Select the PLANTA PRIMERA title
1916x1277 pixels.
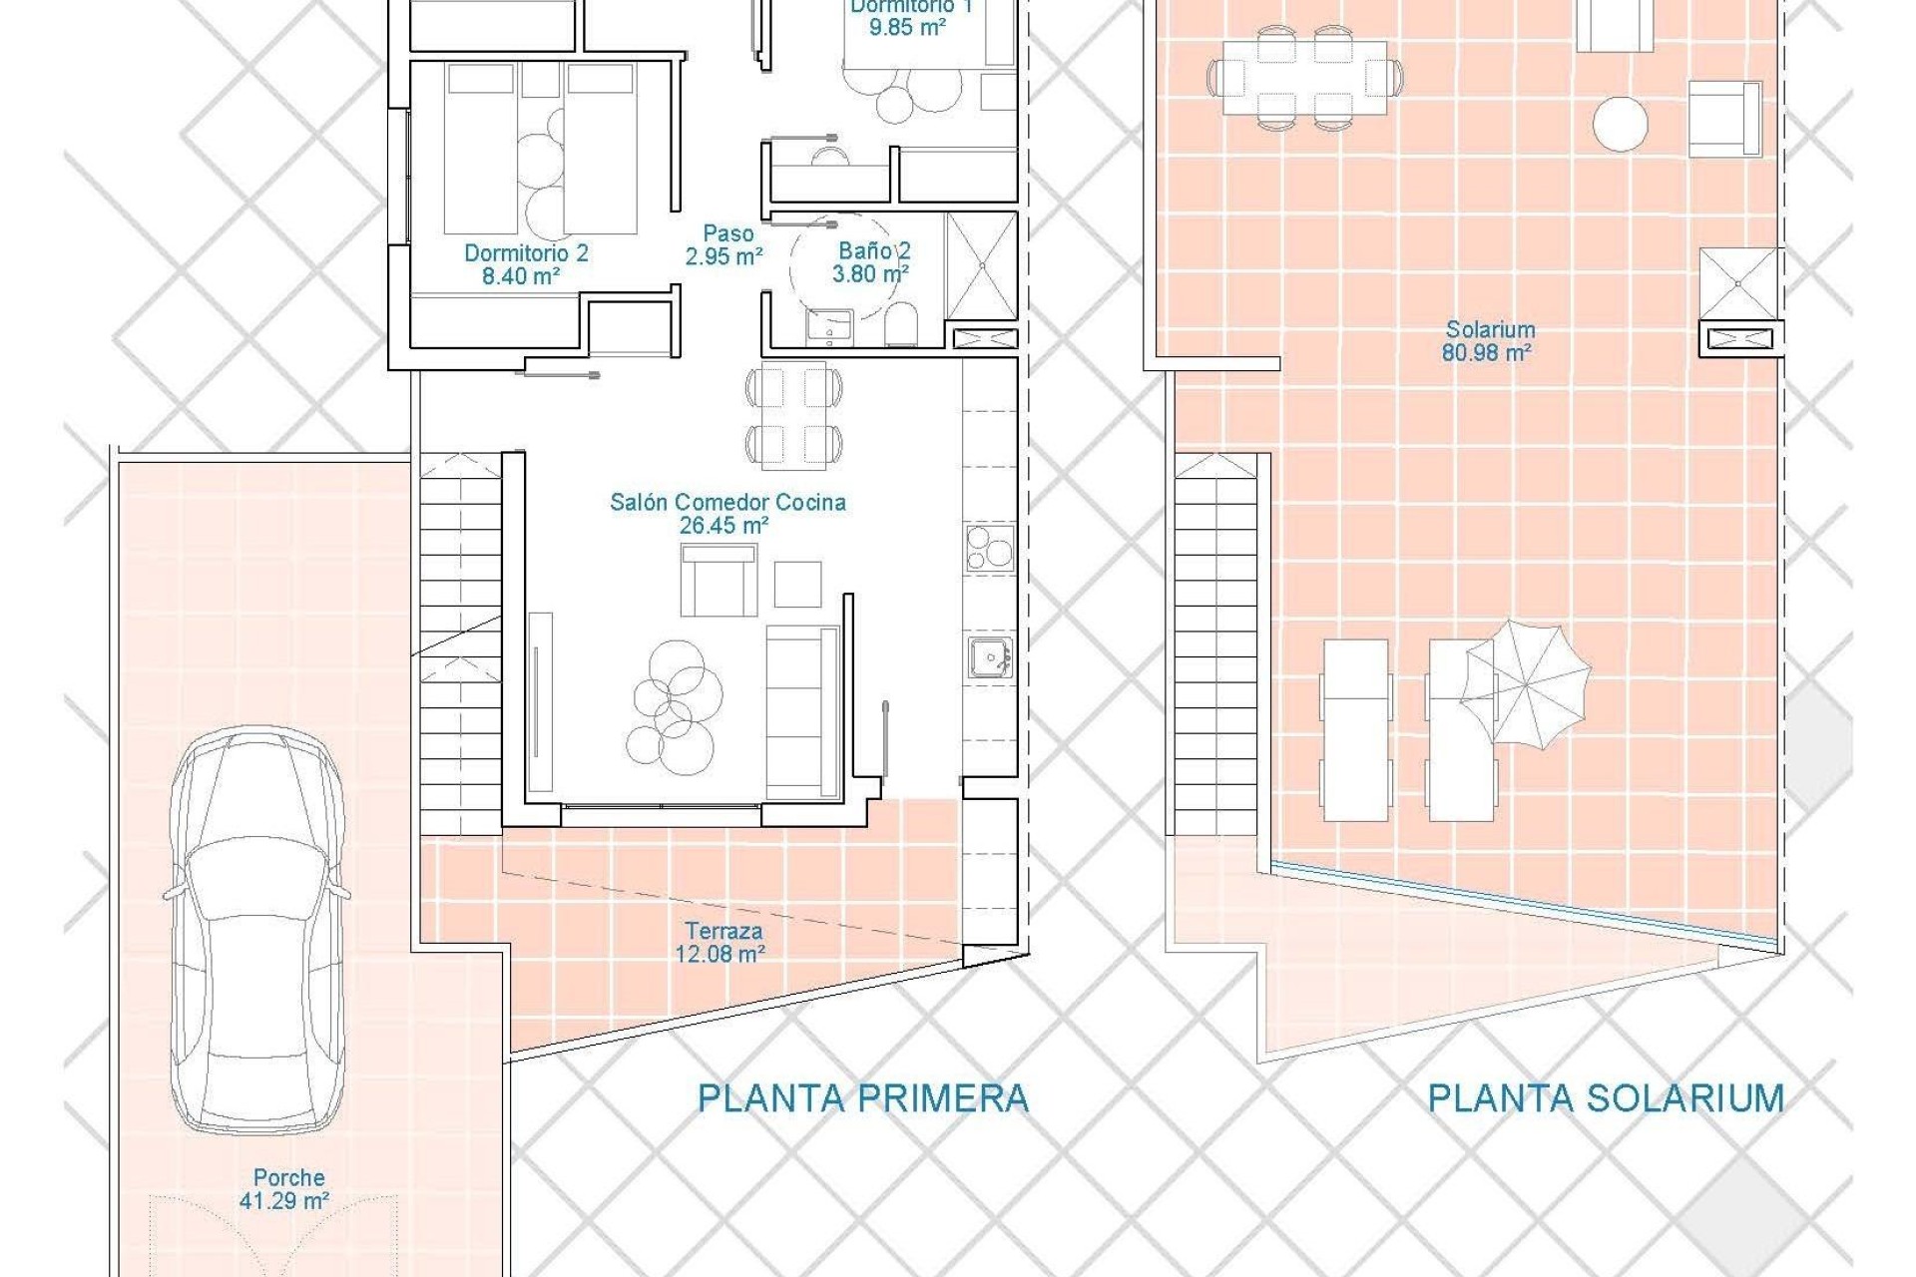(862, 1098)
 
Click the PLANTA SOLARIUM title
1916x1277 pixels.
(1605, 1098)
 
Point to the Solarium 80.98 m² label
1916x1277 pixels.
(1489, 340)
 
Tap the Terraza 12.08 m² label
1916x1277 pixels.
(722, 942)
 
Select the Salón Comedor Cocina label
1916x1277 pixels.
(727, 513)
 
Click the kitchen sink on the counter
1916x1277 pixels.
(990, 657)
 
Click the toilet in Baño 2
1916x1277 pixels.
(899, 324)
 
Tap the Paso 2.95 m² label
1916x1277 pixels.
(725, 244)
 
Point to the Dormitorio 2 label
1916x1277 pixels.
(525, 263)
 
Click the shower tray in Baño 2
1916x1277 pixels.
(980, 266)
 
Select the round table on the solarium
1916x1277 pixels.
(1619, 124)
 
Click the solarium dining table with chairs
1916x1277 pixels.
(1304, 77)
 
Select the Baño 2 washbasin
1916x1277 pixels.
(827, 325)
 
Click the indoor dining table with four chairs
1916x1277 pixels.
(793, 414)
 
